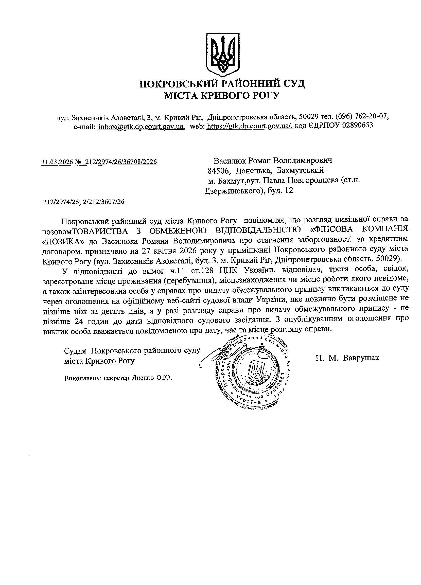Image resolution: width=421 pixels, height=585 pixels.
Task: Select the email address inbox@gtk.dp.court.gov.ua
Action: pyautogui.click(x=141, y=126)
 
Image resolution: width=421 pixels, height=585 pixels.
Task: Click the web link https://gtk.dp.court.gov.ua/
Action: pyautogui.click(x=250, y=126)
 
